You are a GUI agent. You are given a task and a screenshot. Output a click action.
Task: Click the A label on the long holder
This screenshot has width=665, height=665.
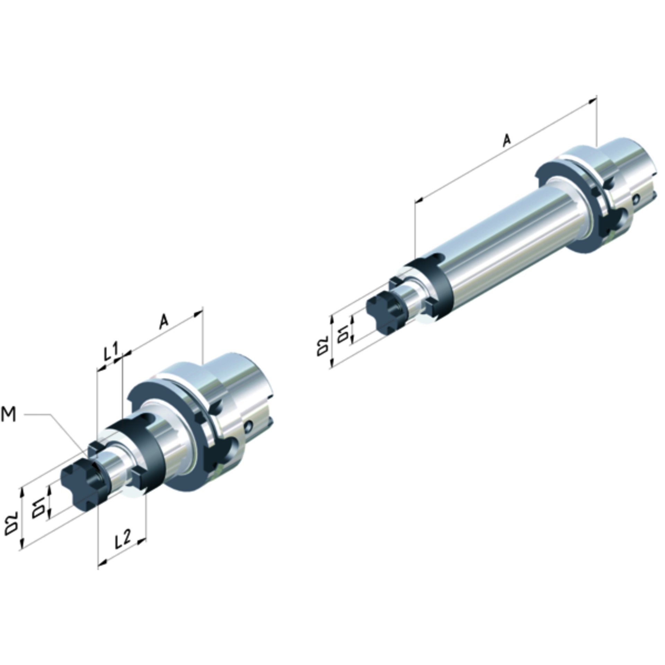click(x=506, y=140)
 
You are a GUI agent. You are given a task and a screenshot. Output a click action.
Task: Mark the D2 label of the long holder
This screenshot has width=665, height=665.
click(x=322, y=345)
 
